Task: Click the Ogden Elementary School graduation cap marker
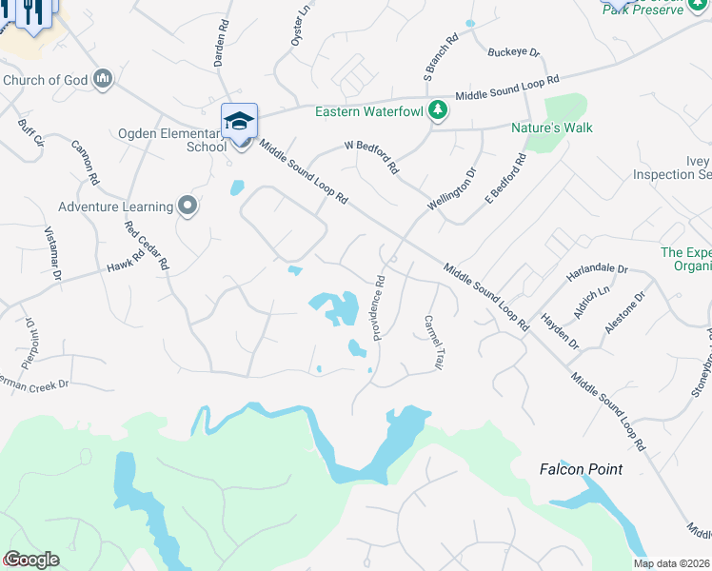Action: (240, 121)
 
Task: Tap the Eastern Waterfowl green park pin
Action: (438, 110)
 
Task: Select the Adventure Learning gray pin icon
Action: (188, 206)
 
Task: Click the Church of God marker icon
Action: (104, 79)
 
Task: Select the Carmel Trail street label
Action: (434, 343)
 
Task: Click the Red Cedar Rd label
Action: (147, 245)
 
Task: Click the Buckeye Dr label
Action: (513, 54)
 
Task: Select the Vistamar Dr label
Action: (53, 254)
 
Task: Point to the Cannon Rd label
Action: (85, 163)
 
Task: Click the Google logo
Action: (31, 560)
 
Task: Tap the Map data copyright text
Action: (672, 563)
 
